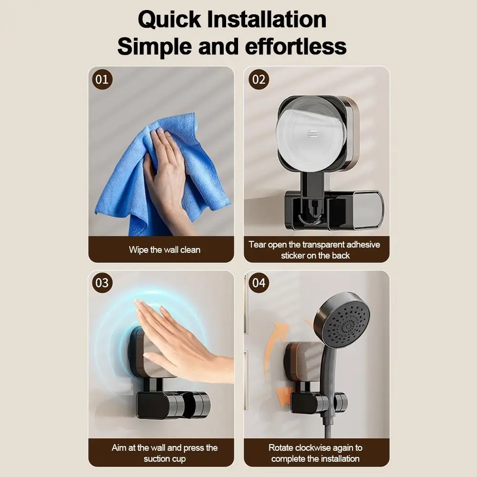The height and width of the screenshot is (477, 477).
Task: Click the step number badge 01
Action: coord(102,79)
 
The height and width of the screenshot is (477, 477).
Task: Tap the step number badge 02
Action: coord(259,79)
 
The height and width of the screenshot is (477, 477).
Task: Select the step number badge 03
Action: coord(102,283)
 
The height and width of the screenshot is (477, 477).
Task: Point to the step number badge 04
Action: coord(259,283)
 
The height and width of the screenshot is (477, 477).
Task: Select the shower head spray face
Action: coord(347,319)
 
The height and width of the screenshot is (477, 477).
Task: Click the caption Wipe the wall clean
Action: coord(165,249)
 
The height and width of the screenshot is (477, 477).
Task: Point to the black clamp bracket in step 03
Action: coord(172,404)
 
